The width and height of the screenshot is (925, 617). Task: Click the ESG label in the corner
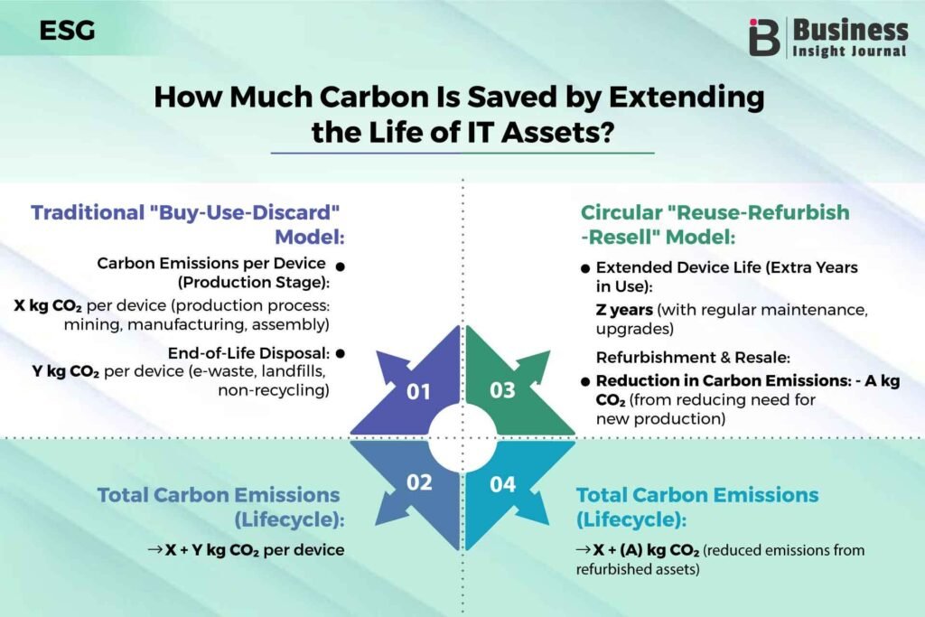coord(67,31)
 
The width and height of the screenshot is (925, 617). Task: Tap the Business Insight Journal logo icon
coord(764,37)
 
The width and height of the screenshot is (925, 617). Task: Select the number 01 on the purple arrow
coord(419,392)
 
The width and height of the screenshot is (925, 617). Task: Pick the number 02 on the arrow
coord(419,482)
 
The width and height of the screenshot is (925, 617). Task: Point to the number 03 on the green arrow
coord(502,390)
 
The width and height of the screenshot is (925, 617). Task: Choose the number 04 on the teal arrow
coord(502,484)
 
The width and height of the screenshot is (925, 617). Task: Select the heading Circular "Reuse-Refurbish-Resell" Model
coord(715,224)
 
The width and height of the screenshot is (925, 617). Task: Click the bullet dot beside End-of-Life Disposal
coord(340,354)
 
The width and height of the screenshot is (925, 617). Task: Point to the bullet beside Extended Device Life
coord(585,268)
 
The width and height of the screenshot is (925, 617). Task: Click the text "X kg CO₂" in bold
coord(48,305)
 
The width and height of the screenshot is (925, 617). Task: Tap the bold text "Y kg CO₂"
coord(65,371)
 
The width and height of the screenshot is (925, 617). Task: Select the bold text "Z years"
coord(624,310)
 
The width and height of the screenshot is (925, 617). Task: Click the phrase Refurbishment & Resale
coord(693,358)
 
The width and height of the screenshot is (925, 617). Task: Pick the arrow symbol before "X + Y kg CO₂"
coord(154,550)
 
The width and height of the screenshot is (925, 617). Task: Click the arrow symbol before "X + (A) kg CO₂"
coord(583,550)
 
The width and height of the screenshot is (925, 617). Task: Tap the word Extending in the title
coord(687,98)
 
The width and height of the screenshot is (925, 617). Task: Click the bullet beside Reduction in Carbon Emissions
coord(585,381)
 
